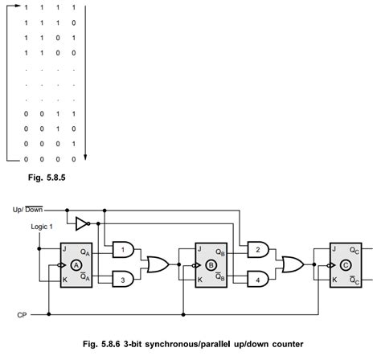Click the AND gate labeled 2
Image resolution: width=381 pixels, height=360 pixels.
click(x=257, y=249)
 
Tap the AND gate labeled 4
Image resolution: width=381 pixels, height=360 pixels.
click(x=257, y=278)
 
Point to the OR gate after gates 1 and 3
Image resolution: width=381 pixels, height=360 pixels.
click(x=157, y=264)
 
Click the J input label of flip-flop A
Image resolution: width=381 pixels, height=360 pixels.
click(x=63, y=249)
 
